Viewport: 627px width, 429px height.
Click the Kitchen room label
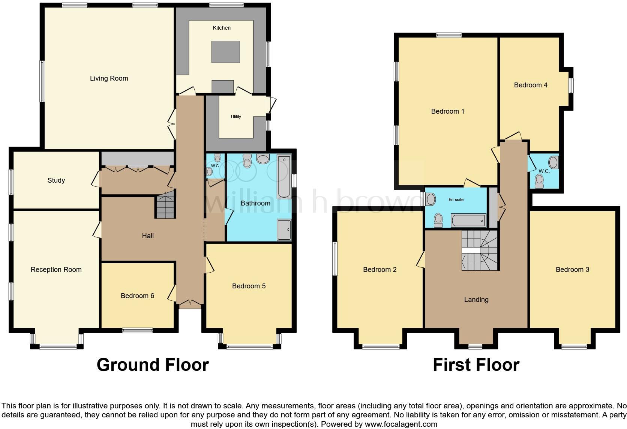tap(222, 28)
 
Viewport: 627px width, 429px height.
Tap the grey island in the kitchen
tap(225, 52)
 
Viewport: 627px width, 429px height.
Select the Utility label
tap(236, 117)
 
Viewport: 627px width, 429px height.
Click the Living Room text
tap(109, 78)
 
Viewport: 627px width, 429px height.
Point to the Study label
tap(56, 180)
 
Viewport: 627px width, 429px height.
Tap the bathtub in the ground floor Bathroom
tap(284, 176)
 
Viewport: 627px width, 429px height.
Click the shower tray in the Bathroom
tap(284, 229)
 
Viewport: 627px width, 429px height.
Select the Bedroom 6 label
tap(137, 296)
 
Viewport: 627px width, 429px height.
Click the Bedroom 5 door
tap(209, 265)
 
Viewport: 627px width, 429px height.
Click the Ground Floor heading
tap(152, 365)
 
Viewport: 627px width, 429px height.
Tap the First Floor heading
tap(476, 365)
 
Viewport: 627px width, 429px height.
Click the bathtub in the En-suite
tap(469, 220)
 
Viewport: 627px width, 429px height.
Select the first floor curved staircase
tap(480, 250)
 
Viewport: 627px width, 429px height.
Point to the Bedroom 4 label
tap(530, 85)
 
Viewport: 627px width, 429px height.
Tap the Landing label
tap(476, 300)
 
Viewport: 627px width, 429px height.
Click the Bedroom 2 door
tap(421, 259)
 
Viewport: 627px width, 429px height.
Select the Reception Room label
tap(56, 270)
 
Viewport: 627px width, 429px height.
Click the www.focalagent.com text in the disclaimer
tap(401, 424)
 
